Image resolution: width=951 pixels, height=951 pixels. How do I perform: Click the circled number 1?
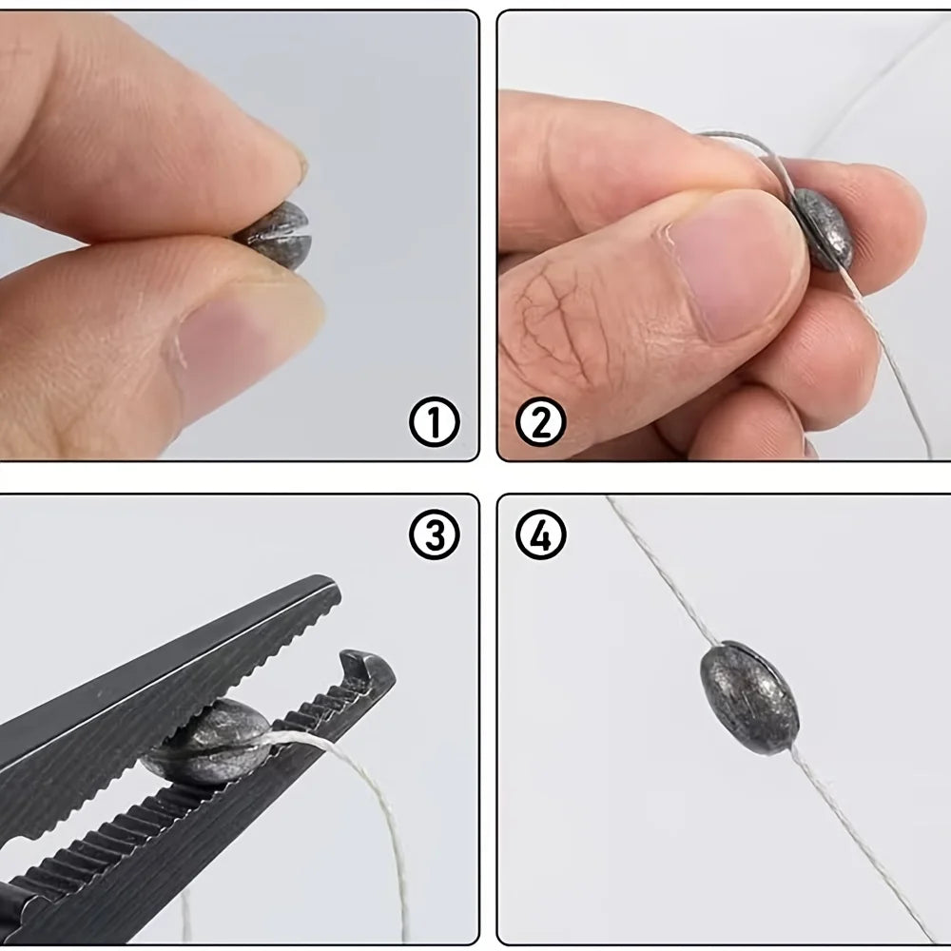tap(435, 422)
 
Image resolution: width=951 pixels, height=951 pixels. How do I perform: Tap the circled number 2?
tap(540, 422)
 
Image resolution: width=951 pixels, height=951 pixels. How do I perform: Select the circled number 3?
tap(435, 534)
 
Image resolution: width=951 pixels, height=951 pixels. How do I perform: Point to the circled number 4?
tap(540, 534)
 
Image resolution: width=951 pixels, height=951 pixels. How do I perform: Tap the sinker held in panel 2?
tap(823, 229)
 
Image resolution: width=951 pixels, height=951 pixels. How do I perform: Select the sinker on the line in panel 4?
tap(749, 697)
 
